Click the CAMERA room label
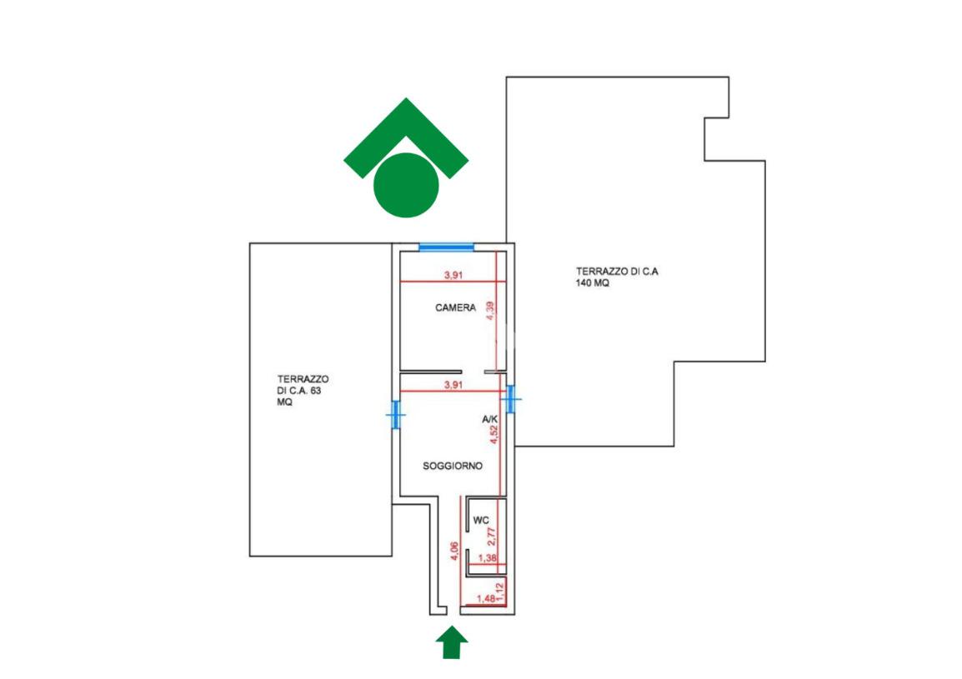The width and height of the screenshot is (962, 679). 455,307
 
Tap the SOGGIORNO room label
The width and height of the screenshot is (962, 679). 453,467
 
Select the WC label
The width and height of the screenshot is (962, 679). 481,521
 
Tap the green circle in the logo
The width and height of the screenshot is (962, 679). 406,185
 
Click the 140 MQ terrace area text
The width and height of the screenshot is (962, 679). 593,283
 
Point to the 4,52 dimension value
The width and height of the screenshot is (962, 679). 493,437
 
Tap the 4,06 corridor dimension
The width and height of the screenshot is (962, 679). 453,552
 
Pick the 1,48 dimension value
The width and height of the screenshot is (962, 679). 485,597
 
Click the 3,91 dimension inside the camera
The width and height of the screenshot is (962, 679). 453,274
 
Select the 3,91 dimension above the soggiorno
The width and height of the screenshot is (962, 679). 453,384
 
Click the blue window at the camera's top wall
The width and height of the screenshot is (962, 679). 446,246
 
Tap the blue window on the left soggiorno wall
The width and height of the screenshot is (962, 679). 395,414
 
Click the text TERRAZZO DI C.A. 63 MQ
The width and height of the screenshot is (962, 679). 298,389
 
